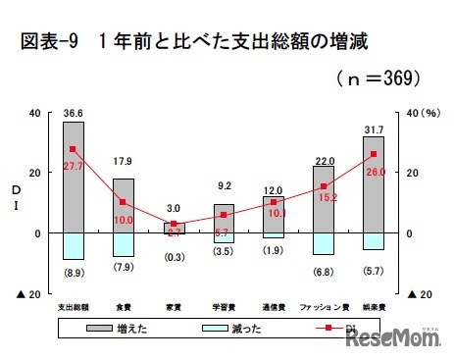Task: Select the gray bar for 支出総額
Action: pos(74,177)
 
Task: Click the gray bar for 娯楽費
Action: pos(374,184)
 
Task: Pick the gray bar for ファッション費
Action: pos(324,199)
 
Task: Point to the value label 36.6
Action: pos(73,113)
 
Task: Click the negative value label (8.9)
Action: pos(74,270)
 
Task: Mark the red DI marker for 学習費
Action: pos(224,215)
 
